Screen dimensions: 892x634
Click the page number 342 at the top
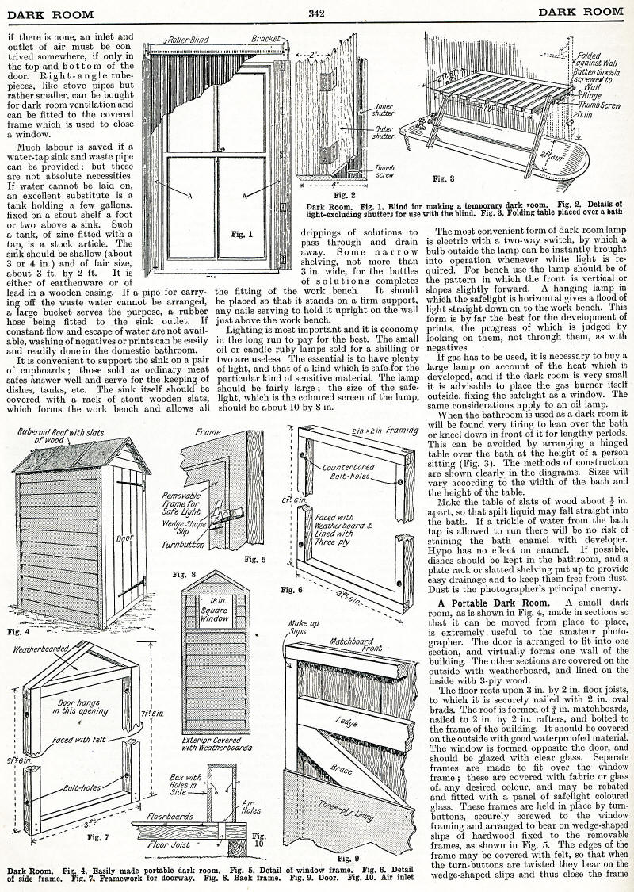317,12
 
